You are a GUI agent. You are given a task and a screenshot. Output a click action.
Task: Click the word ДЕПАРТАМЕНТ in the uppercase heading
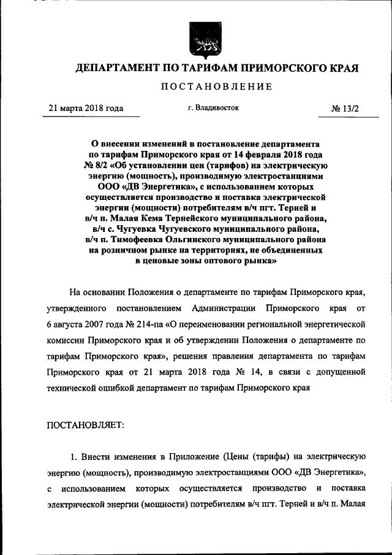[115, 68]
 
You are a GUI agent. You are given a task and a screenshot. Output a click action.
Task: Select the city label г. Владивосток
[214, 108]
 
